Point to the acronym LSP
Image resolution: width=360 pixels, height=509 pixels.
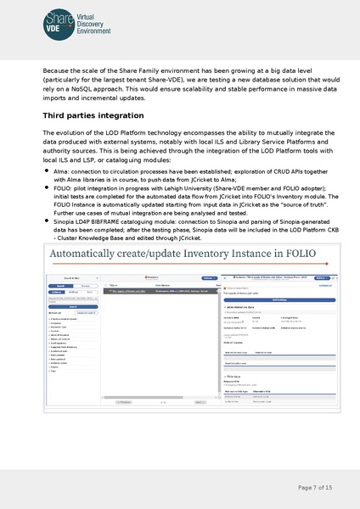[x=88, y=159]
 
